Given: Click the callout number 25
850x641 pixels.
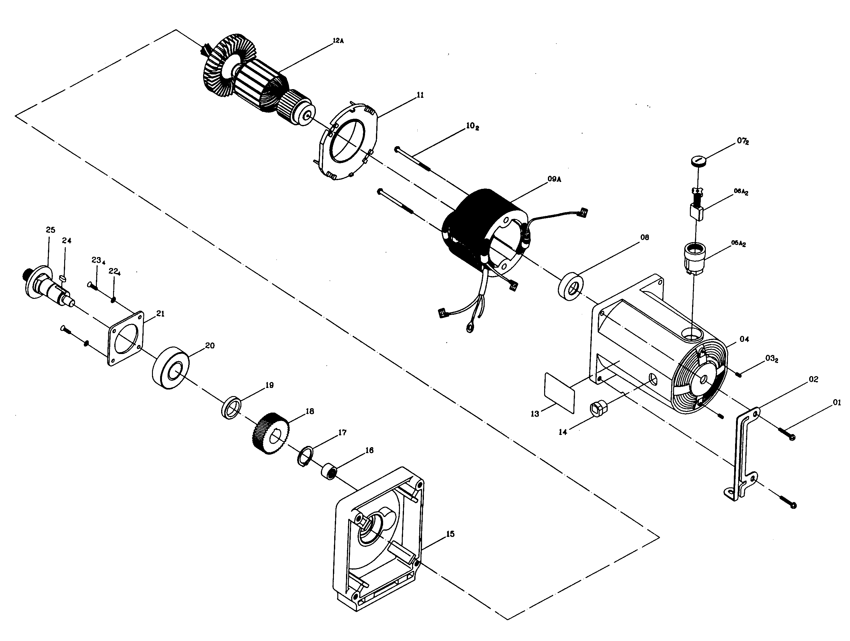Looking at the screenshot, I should click(x=50, y=230).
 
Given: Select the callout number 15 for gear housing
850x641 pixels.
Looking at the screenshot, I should click(x=450, y=534).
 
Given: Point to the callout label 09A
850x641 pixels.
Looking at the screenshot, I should click(x=554, y=179).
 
